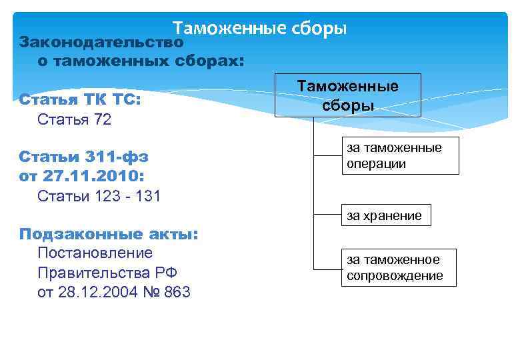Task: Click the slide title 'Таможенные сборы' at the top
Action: coord(259,29)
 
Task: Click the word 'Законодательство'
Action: coord(101,42)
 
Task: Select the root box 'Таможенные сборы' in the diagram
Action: coord(348,95)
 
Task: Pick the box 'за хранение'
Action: coord(383,215)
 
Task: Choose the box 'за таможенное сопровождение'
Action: coord(399,267)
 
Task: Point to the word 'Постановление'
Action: coord(95,253)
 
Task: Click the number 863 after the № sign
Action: coord(175,292)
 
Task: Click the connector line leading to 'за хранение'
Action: coord(326,215)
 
